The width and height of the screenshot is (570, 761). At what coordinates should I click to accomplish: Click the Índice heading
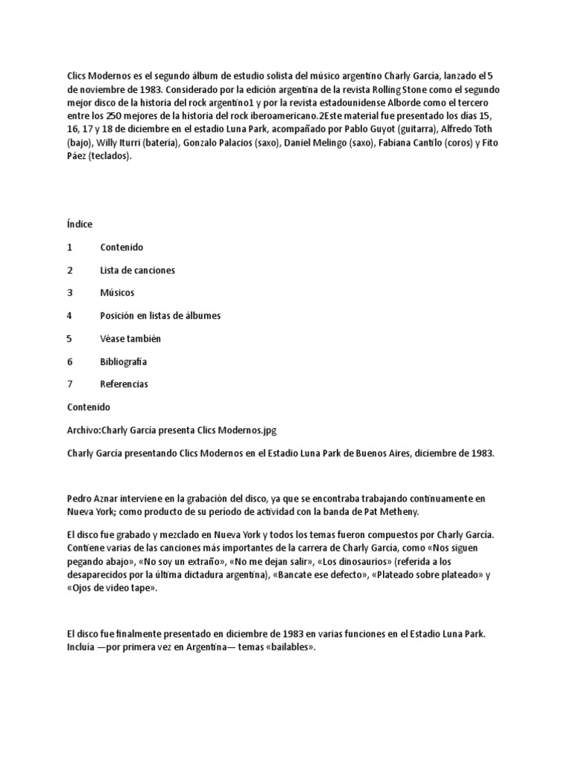click(x=79, y=224)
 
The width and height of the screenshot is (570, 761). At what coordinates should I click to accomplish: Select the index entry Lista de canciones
click(x=137, y=270)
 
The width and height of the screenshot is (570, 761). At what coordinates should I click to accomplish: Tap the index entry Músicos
click(x=117, y=293)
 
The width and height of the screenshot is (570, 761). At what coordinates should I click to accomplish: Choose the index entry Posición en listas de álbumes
click(x=160, y=316)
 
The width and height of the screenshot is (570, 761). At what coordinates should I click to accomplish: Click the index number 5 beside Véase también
click(x=70, y=339)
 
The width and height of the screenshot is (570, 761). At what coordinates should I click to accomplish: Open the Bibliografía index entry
click(x=123, y=362)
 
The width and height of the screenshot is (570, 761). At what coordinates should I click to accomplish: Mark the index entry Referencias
click(x=124, y=384)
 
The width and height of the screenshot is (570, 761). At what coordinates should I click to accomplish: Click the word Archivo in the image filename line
click(x=82, y=430)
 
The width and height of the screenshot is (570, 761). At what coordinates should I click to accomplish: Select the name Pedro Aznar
click(x=95, y=499)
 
